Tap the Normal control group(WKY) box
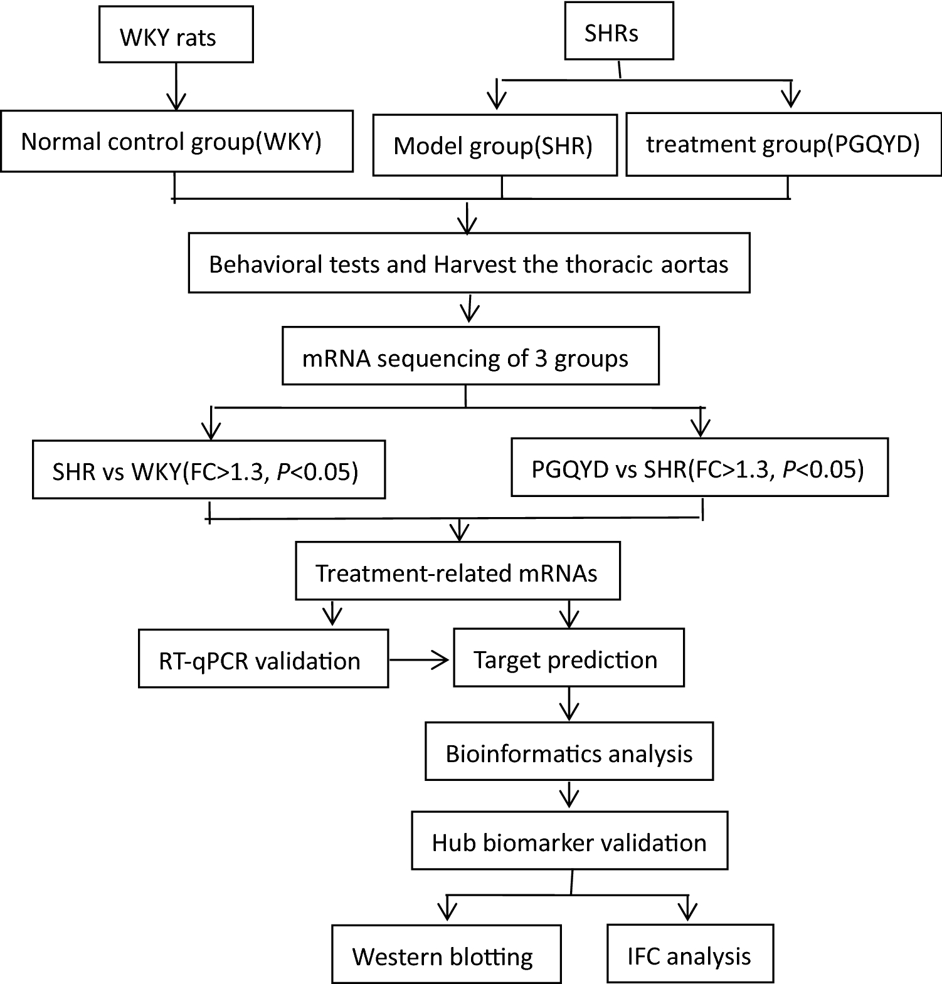tap(176, 142)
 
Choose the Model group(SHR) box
tap(494, 145)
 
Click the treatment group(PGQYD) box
tap(783, 144)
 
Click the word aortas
tap(695, 264)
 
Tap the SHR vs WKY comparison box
tap(208, 469)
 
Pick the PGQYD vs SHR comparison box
tap(699, 468)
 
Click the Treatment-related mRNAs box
tap(457, 571)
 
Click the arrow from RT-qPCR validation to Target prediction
tap(419, 659)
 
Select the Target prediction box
tap(568, 658)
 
